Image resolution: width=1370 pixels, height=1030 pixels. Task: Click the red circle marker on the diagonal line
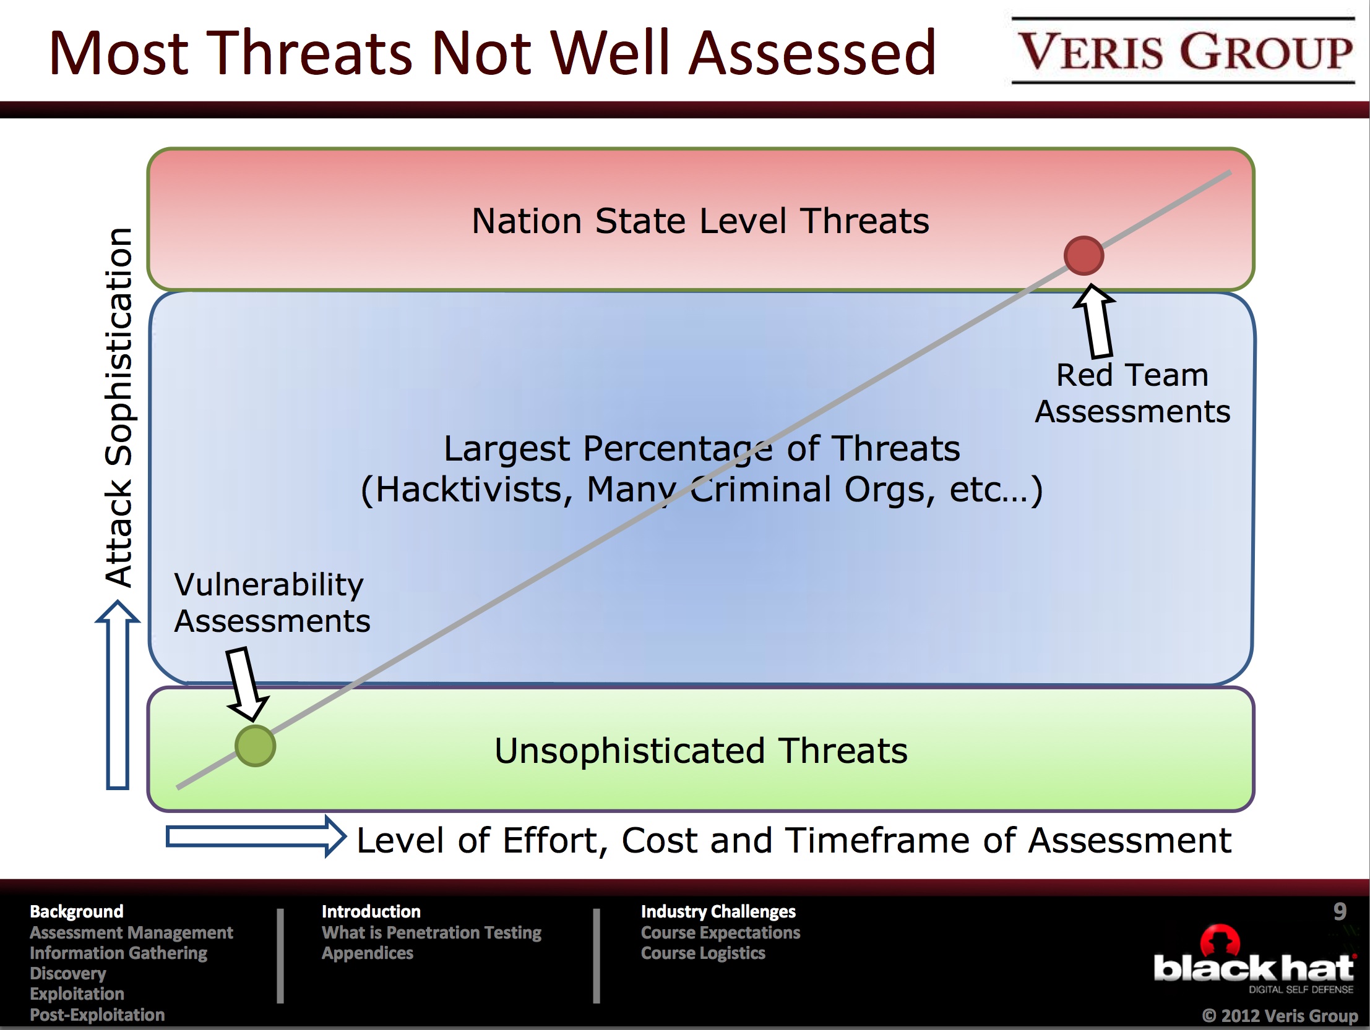(x=1084, y=255)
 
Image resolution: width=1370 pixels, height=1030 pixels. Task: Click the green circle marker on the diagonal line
(x=255, y=746)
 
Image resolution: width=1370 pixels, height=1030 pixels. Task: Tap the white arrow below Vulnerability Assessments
(x=246, y=683)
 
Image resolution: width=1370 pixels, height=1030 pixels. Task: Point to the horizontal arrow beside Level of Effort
(x=256, y=837)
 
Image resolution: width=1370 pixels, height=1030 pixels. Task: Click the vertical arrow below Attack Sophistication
(x=118, y=695)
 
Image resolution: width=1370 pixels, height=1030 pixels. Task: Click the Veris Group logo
(x=1183, y=51)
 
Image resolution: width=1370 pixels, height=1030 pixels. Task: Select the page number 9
(x=1340, y=911)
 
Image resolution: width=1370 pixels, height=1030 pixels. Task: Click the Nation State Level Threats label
(x=700, y=220)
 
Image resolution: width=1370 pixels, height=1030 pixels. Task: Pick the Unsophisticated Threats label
(x=701, y=750)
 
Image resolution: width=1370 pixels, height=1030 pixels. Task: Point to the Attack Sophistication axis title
(x=118, y=407)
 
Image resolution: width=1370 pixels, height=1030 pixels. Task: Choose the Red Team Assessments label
(x=1133, y=393)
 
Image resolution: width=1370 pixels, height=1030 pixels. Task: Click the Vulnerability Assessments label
(x=272, y=603)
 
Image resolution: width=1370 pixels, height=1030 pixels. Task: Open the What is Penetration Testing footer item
(x=432, y=932)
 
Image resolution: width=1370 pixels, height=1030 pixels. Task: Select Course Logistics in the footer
(x=703, y=953)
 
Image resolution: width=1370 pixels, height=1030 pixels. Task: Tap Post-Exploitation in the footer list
(x=97, y=1015)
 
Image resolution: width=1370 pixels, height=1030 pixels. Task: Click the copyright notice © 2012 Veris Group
(x=1280, y=1015)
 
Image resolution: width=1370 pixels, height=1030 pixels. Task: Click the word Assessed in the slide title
(x=812, y=53)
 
